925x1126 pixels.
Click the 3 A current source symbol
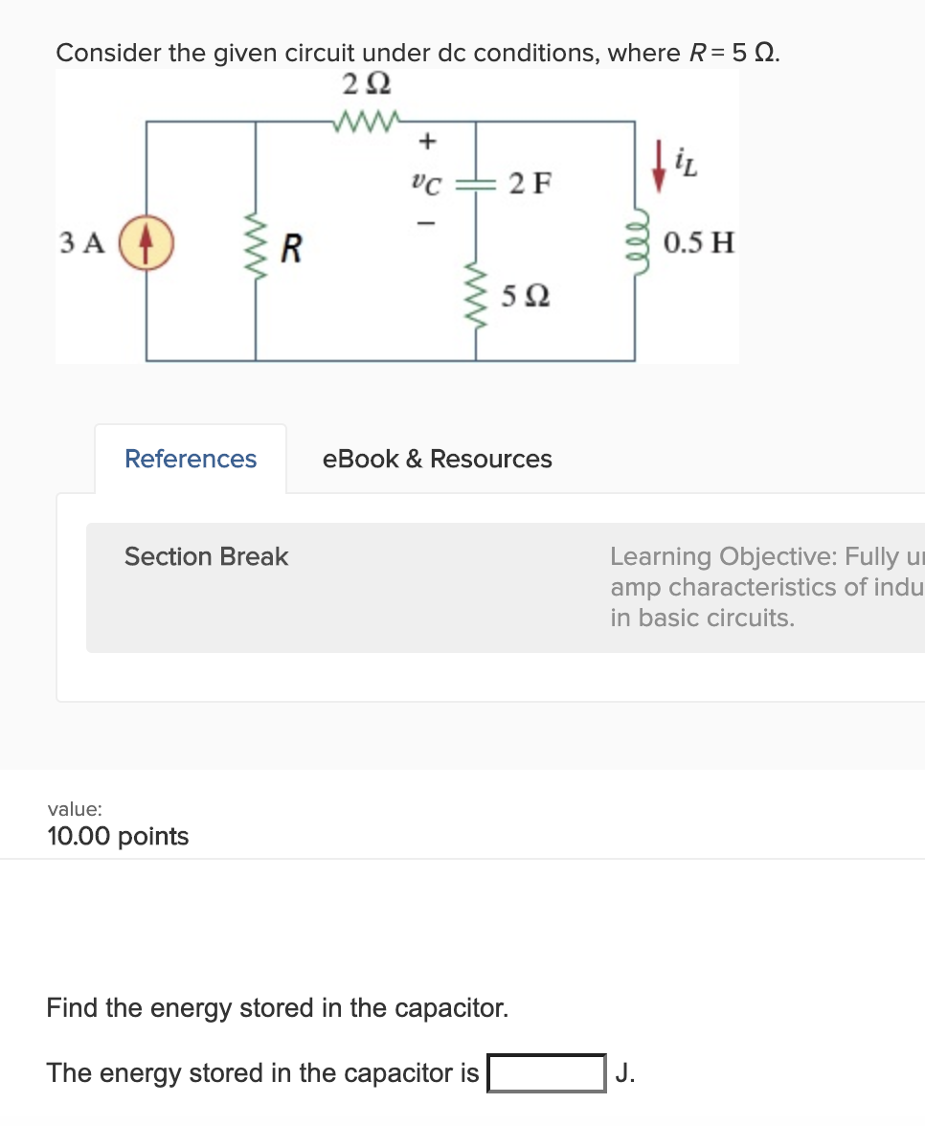pos(147,240)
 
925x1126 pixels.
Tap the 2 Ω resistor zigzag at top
pos(367,122)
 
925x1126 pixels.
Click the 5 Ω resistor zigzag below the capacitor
pos(476,295)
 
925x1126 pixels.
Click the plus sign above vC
pos(428,141)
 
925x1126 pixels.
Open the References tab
pos(191,460)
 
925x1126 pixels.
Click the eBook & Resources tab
pos(438,460)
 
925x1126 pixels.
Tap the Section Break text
pos(206,556)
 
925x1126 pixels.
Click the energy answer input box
pos(547,1072)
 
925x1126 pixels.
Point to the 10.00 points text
pos(118,836)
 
